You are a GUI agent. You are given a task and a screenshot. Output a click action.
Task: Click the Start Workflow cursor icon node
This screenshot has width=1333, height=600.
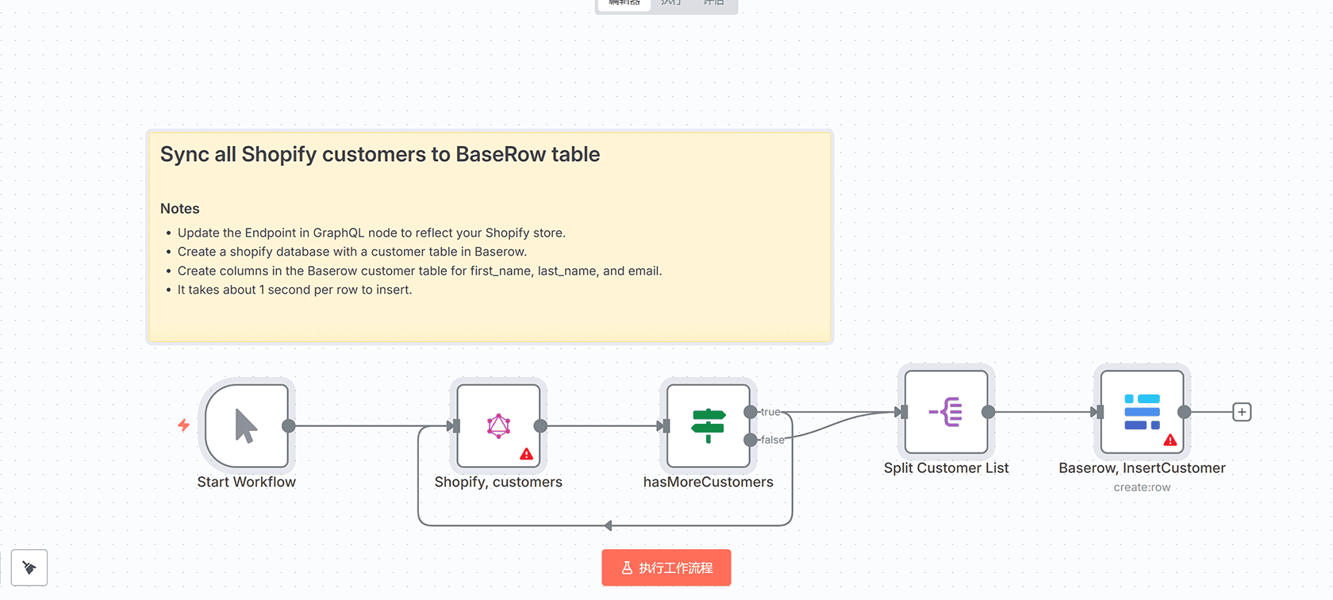click(x=246, y=425)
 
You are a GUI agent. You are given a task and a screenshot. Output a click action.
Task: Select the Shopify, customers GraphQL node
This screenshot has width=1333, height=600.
click(x=498, y=425)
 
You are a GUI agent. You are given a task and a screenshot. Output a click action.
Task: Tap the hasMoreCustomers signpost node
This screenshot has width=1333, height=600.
click(x=708, y=425)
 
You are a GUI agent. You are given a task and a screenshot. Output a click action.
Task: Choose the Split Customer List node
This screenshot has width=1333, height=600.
click(x=946, y=412)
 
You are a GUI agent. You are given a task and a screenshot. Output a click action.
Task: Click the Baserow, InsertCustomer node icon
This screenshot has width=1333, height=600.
click(x=1142, y=412)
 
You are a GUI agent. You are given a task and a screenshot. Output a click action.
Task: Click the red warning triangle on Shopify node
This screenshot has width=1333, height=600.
click(x=526, y=454)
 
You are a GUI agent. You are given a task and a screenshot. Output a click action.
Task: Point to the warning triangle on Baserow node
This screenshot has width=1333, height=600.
click(x=1170, y=440)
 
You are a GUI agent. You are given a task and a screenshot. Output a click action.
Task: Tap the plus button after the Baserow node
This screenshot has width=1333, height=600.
click(x=1242, y=412)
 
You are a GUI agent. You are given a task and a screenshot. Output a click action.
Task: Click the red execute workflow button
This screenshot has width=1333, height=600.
click(x=666, y=567)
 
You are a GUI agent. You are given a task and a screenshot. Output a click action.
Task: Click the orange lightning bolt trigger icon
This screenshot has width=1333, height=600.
click(x=183, y=425)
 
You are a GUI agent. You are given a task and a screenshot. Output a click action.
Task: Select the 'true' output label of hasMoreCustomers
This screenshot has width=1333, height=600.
click(x=770, y=412)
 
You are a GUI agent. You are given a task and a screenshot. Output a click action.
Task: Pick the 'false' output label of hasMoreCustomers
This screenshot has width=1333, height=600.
click(x=772, y=440)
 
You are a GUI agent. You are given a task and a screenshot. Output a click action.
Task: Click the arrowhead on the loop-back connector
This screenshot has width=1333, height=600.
click(x=608, y=525)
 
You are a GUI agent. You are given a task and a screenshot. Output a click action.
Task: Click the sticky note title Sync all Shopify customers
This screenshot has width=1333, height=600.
click(x=379, y=154)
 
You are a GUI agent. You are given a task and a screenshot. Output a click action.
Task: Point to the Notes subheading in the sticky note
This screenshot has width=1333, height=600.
click(x=179, y=209)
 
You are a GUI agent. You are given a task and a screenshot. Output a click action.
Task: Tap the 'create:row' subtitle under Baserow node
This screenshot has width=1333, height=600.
click(x=1142, y=487)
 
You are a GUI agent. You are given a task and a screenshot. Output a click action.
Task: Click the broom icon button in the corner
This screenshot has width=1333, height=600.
click(x=29, y=567)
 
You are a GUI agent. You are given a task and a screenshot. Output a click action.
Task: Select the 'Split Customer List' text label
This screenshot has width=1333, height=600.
click(x=946, y=468)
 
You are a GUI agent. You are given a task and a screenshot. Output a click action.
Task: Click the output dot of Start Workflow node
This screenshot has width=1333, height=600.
click(x=289, y=426)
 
